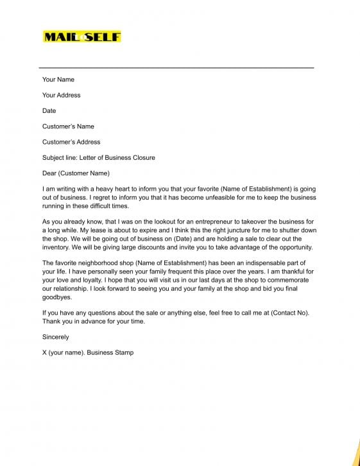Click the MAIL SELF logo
pyautogui.click(x=81, y=37)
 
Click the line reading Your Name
pyautogui.click(x=58, y=80)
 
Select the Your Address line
pyautogui.click(x=62, y=95)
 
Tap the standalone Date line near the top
pyautogui.click(x=49, y=110)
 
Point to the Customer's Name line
pyautogui.click(x=68, y=126)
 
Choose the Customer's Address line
pyautogui.click(x=71, y=142)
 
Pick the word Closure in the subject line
pyautogui.click(x=143, y=157)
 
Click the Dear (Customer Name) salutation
pyautogui.click(x=76, y=173)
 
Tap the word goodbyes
pyautogui.click(x=57, y=298)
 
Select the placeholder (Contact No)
pyautogui.click(x=287, y=313)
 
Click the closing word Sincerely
pyautogui.click(x=56, y=337)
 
